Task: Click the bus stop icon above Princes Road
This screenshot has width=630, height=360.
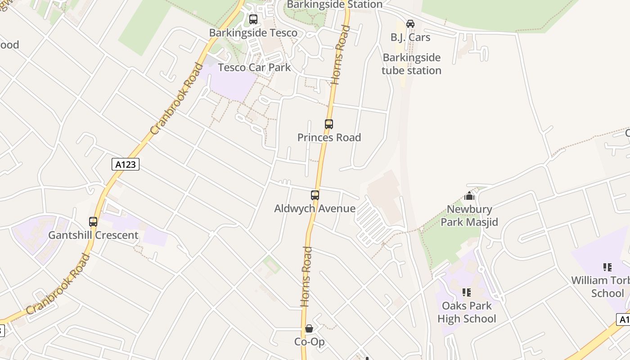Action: click(x=329, y=124)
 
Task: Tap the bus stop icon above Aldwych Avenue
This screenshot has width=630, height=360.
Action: click(x=315, y=195)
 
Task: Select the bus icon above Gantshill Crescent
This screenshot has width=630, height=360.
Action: click(x=93, y=222)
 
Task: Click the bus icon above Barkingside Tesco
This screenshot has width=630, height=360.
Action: click(x=253, y=19)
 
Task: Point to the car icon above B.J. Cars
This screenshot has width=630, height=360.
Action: click(x=410, y=23)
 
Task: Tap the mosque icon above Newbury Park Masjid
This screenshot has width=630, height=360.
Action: click(x=469, y=196)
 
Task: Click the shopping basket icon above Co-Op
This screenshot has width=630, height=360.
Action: click(x=309, y=328)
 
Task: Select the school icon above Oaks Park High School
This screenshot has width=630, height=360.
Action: click(x=467, y=292)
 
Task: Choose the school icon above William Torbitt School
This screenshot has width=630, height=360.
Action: click(x=607, y=267)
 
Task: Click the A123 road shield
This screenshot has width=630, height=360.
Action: click(x=126, y=164)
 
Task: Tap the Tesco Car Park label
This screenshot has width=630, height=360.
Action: click(x=254, y=67)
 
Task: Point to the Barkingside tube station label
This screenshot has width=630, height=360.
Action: click(x=411, y=64)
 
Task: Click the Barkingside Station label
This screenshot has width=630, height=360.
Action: click(x=334, y=4)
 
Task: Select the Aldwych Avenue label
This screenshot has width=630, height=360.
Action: click(x=315, y=208)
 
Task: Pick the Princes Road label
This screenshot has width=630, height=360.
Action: click(x=329, y=137)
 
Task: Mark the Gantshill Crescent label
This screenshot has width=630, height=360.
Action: click(x=93, y=235)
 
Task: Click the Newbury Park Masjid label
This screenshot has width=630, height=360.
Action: click(x=469, y=216)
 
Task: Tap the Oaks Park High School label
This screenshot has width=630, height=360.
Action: click(x=467, y=312)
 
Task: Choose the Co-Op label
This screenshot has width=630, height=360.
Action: click(x=310, y=342)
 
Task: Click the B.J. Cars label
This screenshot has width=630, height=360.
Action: click(x=410, y=37)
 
